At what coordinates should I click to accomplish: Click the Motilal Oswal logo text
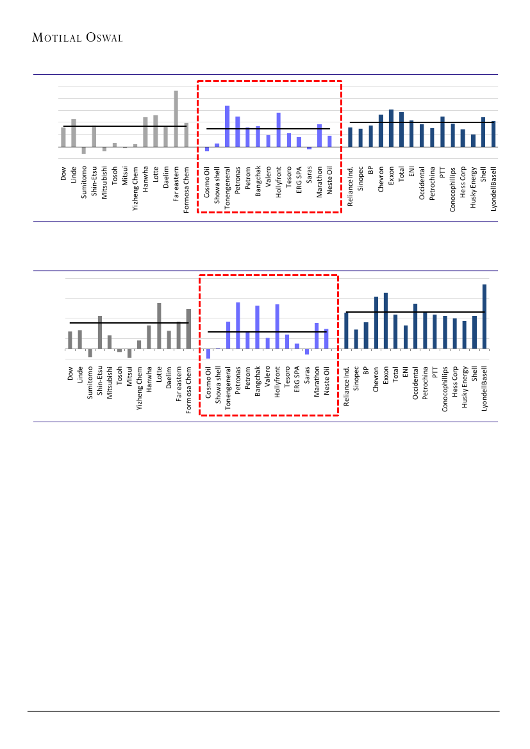coord(77,38)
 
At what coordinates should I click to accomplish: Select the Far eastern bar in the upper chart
coord(176,119)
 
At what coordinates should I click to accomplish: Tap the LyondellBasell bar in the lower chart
coord(484,317)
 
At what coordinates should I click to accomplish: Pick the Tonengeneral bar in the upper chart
coord(228,126)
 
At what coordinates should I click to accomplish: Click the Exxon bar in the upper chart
coord(391,128)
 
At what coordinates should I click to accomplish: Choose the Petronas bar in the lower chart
coord(238,325)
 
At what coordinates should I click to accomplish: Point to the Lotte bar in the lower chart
coord(159,326)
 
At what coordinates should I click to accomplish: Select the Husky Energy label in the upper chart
coord(473,188)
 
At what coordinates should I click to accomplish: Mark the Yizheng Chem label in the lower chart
coord(139,387)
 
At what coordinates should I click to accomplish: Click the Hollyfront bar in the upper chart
coord(279,129)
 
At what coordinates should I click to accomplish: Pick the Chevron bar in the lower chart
coord(376,323)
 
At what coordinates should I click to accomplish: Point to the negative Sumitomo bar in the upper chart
coord(84,151)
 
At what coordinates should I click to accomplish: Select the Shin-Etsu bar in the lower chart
coord(100,333)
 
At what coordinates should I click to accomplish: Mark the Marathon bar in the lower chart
coord(317,336)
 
